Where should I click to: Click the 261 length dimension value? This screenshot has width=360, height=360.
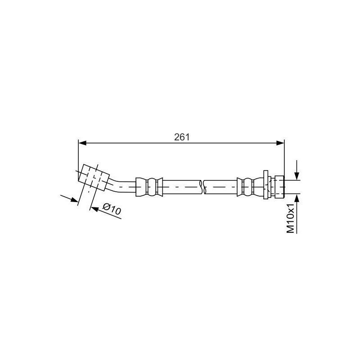pyautogui.click(x=181, y=137)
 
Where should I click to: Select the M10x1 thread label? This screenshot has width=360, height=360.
pyautogui.click(x=291, y=218)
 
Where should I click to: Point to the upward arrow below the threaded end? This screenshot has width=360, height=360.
pyautogui.click(x=297, y=198)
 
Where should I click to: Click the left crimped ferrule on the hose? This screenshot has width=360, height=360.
pyautogui.click(x=148, y=186)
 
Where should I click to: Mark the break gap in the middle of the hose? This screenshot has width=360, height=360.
pyautogui.click(x=202, y=186)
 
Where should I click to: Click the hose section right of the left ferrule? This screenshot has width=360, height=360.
pyautogui.click(x=180, y=186)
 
